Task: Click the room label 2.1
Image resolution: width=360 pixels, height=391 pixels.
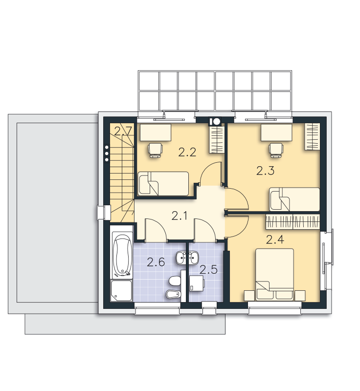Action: click(x=180, y=216)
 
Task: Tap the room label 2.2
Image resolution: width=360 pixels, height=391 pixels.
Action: click(x=187, y=152)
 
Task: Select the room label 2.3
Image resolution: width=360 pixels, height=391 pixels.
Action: click(x=266, y=171)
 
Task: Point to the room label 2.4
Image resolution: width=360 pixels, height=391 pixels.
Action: click(x=275, y=240)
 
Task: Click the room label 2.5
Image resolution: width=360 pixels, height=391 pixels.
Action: click(x=208, y=270)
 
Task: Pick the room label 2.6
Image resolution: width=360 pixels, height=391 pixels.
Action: click(x=156, y=262)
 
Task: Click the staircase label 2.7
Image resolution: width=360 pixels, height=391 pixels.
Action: click(x=123, y=131)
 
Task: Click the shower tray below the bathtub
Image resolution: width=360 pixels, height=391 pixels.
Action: click(x=121, y=291)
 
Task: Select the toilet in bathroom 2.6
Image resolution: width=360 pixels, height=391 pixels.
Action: click(x=175, y=282)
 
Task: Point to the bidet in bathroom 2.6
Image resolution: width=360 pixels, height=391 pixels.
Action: click(x=173, y=295)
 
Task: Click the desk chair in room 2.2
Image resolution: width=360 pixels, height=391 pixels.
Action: click(x=156, y=150)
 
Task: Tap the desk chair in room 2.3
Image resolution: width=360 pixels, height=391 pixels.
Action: click(x=276, y=150)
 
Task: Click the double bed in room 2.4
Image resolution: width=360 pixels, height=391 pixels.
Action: click(x=275, y=274)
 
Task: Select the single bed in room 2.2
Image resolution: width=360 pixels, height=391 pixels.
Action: click(x=163, y=184)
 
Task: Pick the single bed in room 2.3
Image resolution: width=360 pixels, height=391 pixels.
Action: click(x=294, y=199)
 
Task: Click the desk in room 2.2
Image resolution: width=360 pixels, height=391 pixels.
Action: click(x=156, y=132)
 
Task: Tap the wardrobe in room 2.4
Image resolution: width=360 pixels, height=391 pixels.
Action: click(x=292, y=222)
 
